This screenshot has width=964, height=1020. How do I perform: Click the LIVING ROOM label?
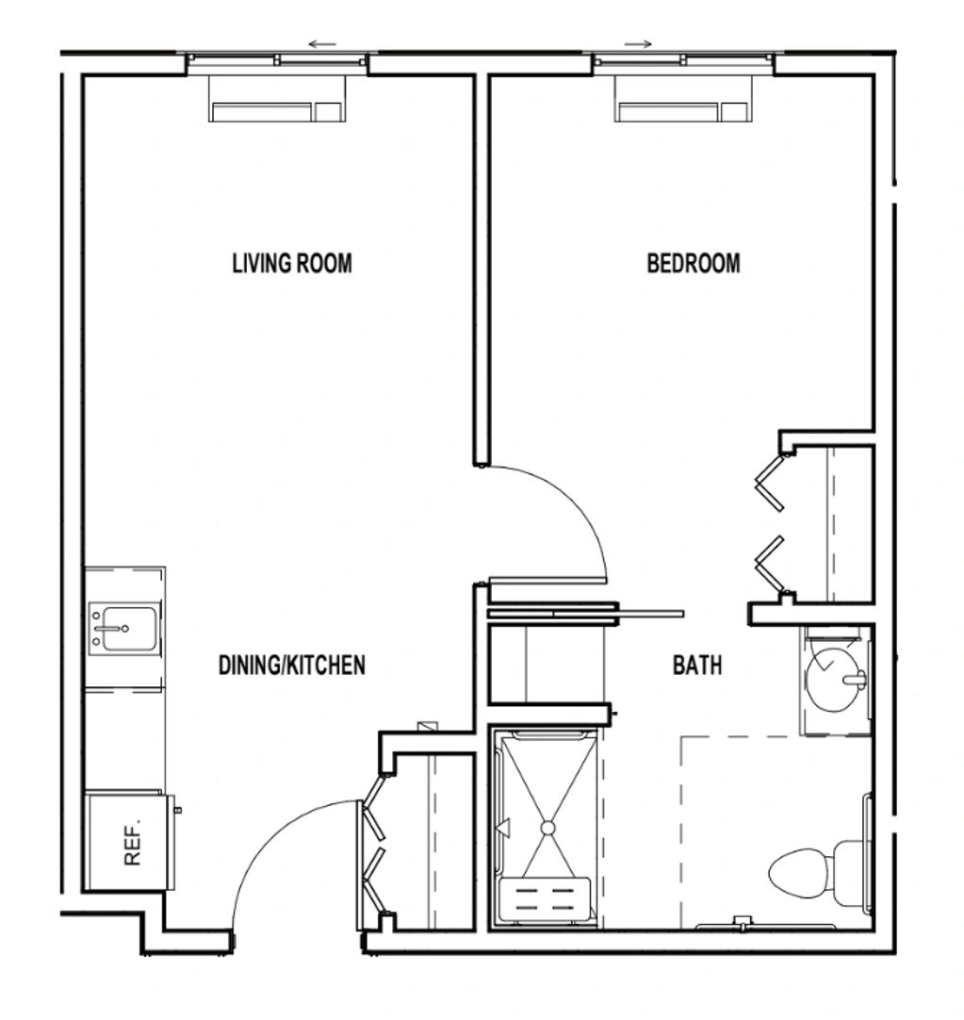click(x=292, y=263)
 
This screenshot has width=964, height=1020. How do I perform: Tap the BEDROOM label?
click(x=694, y=263)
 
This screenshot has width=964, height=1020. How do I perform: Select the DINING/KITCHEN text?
click(x=291, y=666)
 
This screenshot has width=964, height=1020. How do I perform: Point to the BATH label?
click(x=697, y=666)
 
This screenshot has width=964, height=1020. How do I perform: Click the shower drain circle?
click(x=547, y=828)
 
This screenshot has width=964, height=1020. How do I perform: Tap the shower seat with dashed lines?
click(x=544, y=899)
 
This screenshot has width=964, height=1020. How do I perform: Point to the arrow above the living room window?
click(x=322, y=44)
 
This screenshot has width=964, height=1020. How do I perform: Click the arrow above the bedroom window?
click(x=638, y=44)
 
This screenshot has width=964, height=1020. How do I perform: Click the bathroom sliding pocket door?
click(x=585, y=613)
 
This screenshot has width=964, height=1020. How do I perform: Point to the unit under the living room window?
click(x=277, y=99)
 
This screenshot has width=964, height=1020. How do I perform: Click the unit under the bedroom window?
click(x=683, y=99)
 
